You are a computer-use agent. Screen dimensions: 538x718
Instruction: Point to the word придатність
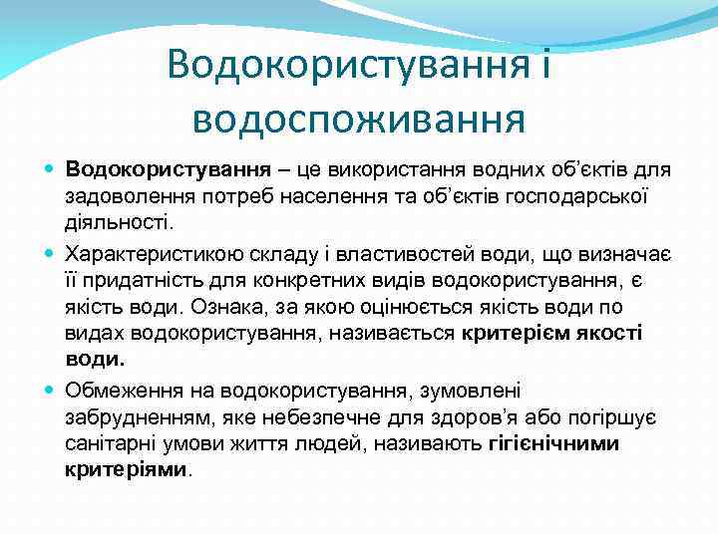pos(146,282)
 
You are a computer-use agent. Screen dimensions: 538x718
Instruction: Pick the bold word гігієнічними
pos(555,443)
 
